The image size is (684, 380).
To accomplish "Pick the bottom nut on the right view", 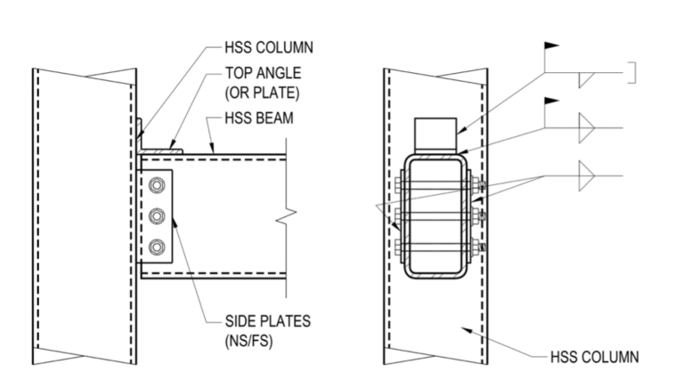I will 478,247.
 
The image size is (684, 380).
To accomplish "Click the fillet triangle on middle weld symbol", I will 586,129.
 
